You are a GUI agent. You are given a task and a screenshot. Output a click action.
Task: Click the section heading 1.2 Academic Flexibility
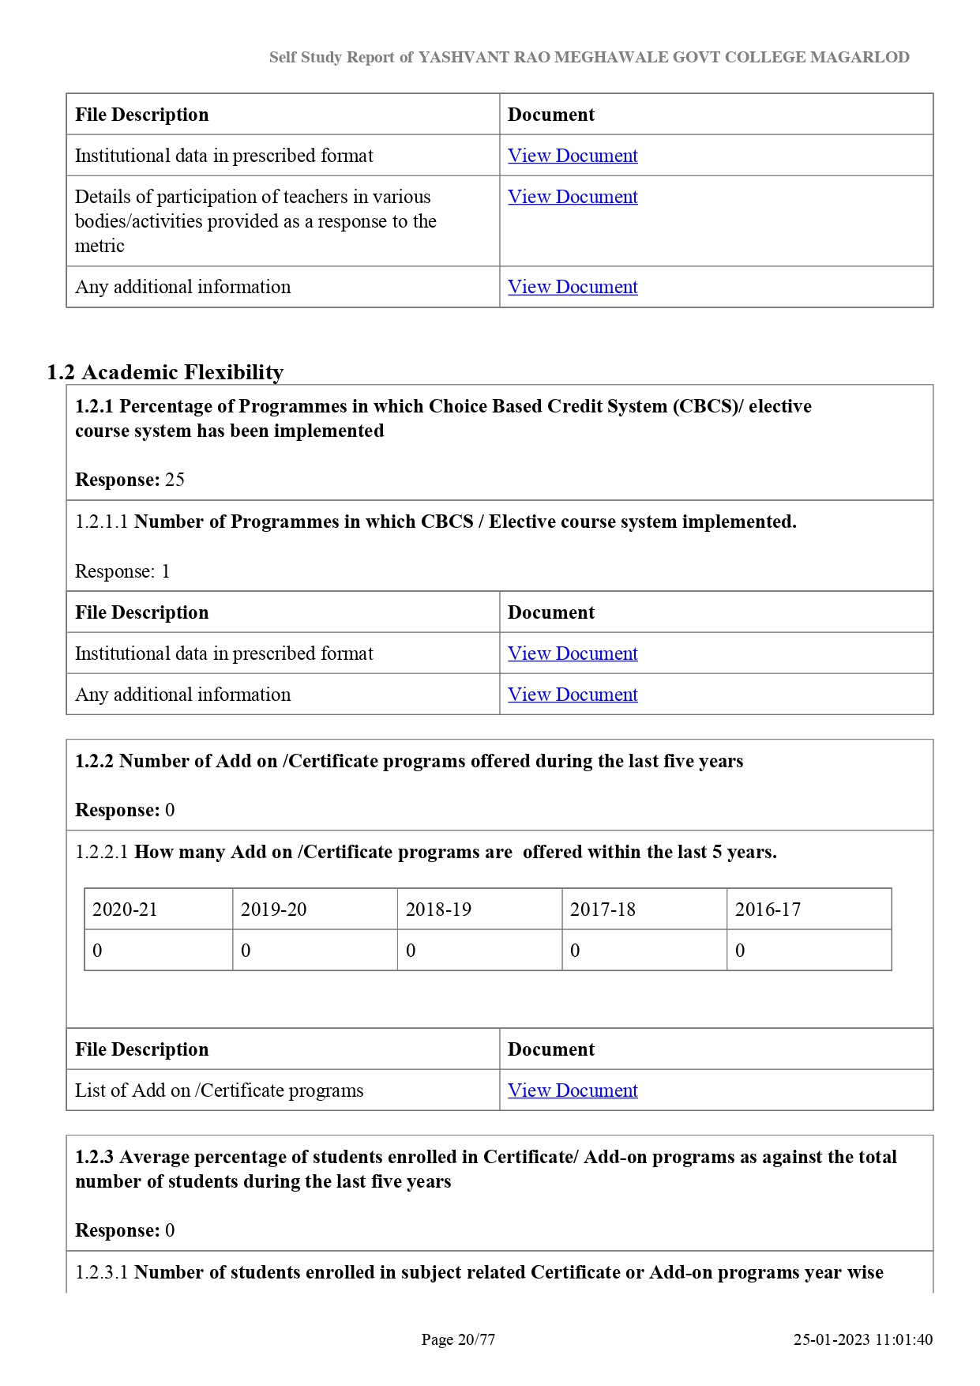point(165,372)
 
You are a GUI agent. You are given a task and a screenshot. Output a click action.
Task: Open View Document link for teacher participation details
point(573,197)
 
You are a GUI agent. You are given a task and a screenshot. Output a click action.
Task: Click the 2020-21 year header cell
point(125,910)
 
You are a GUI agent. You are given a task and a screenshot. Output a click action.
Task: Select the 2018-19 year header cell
point(438,910)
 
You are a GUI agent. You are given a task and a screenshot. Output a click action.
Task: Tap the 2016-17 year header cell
point(768,910)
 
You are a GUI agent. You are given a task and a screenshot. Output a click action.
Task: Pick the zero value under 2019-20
point(246,951)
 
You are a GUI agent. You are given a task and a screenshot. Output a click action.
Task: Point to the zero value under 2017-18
point(575,951)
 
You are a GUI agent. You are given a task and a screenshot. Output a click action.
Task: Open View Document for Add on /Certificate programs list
point(573,1090)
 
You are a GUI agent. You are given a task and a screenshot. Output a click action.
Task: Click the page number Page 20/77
point(458,1339)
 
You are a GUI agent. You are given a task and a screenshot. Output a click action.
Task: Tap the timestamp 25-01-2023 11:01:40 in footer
point(862,1339)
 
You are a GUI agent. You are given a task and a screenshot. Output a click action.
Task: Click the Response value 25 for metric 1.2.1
point(175,480)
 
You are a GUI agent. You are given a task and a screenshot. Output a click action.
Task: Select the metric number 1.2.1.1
point(101,522)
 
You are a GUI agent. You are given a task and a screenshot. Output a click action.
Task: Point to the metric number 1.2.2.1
point(101,853)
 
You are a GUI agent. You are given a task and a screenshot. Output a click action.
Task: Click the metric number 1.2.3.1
point(101,1273)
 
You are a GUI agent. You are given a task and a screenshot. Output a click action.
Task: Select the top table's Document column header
point(551,115)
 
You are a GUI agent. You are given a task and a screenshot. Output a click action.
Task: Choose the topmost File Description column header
point(142,115)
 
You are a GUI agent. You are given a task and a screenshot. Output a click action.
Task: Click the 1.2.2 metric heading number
point(95,761)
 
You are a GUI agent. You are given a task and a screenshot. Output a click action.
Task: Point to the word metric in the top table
point(100,247)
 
